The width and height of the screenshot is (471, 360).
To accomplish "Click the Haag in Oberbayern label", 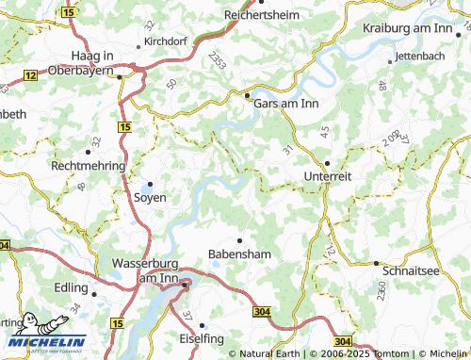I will (91, 62).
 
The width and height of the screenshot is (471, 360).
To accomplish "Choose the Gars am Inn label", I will (285, 104).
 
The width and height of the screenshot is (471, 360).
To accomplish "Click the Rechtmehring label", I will (88, 165).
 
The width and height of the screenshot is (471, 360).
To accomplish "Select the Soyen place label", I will (149, 198).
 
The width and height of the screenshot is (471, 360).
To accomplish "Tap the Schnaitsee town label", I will (412, 270).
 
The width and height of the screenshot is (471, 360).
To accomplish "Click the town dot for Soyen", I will (149, 184).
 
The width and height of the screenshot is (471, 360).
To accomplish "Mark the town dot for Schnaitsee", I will (376, 263).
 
